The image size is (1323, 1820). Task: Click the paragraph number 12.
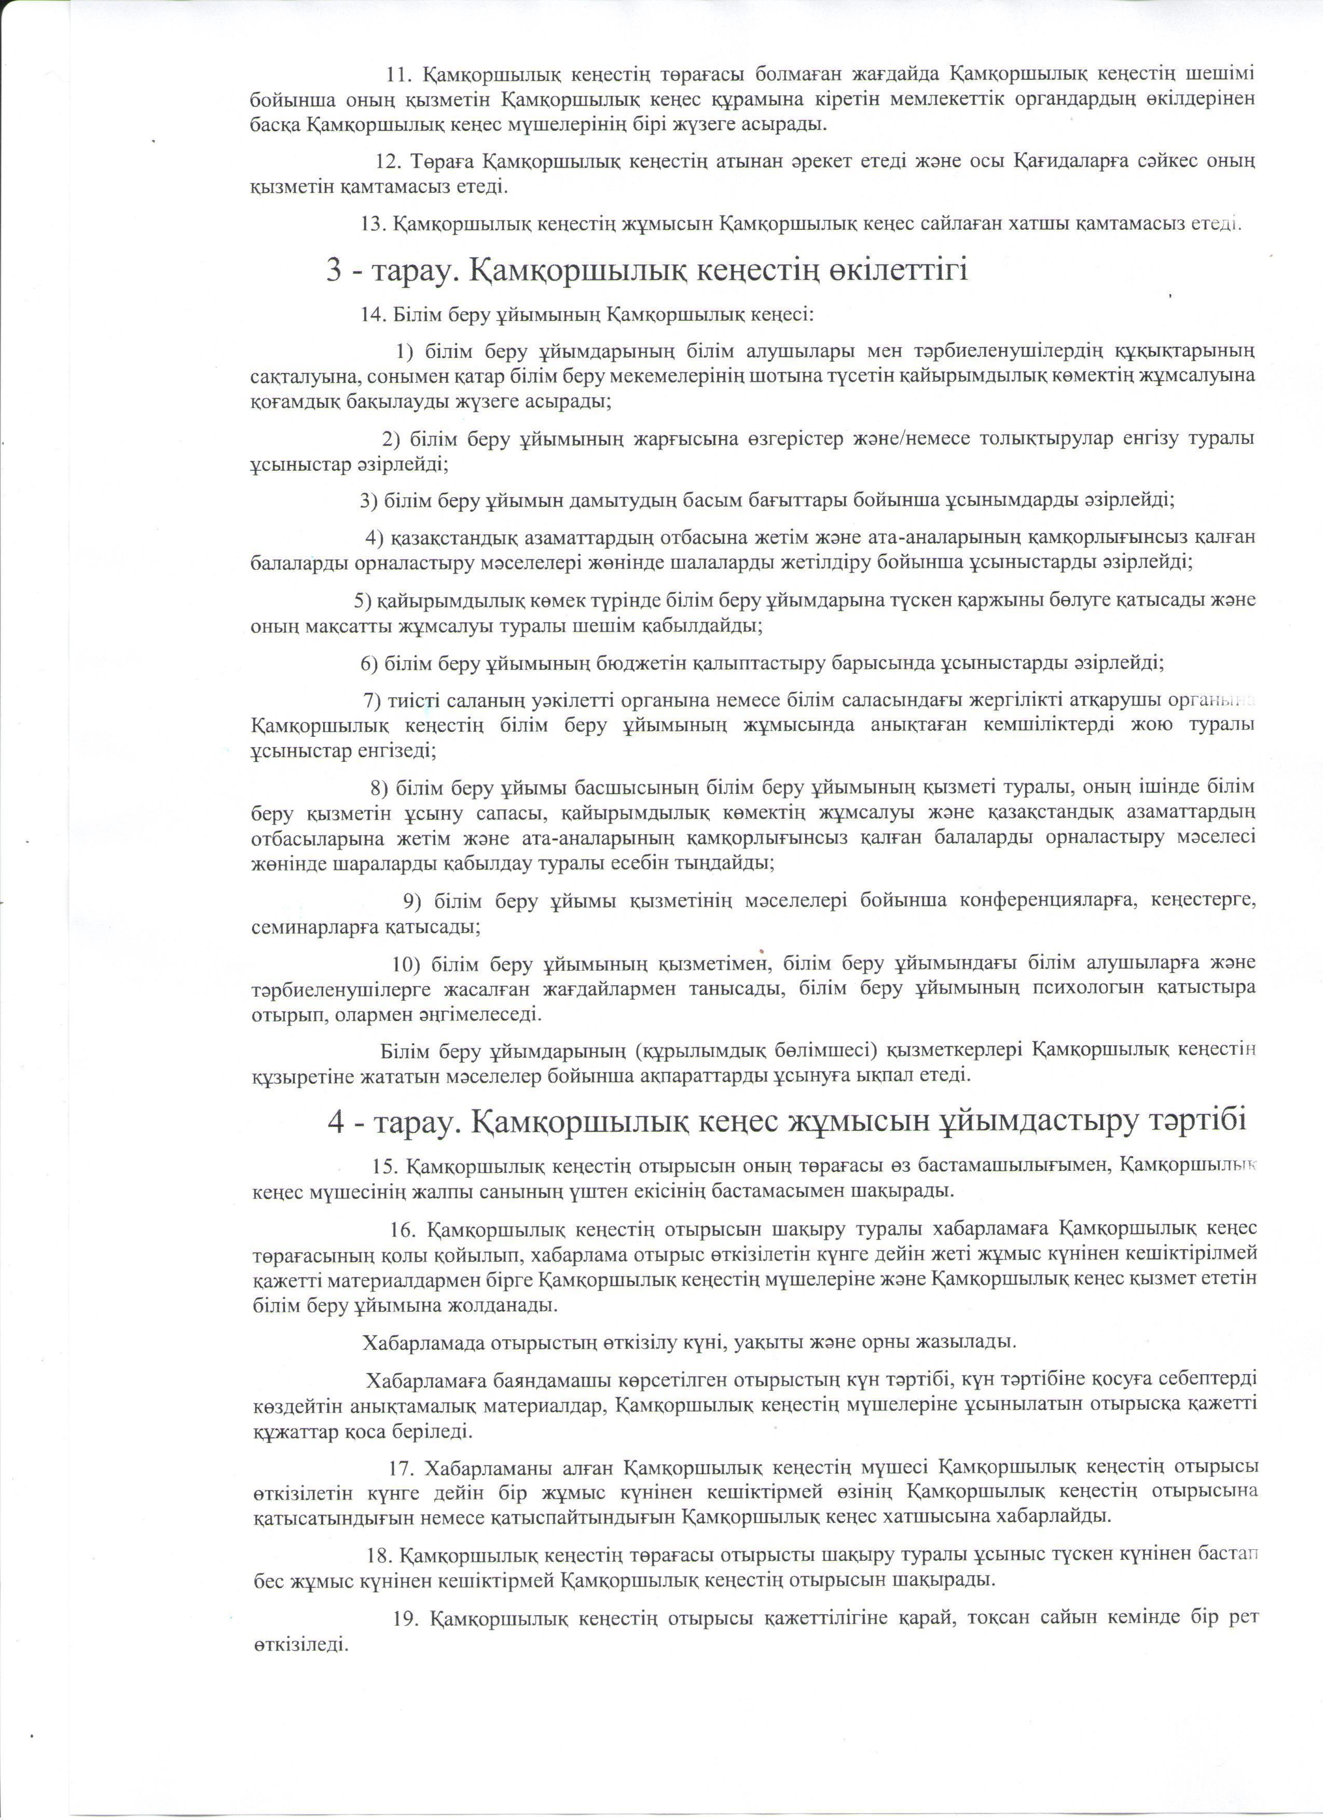coord(389,161)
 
